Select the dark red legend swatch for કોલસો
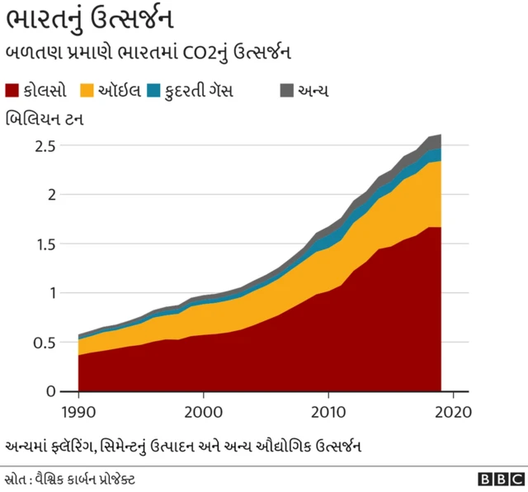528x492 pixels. [14, 90]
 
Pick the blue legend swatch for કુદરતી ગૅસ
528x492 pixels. [153, 90]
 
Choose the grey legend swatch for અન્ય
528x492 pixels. [285, 90]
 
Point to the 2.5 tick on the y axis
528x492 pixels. [46, 146]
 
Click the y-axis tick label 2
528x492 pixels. [52, 195]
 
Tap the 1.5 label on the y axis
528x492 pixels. [46, 244]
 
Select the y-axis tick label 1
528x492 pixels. [52, 293]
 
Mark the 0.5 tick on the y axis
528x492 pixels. [46, 343]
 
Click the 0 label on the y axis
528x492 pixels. [52, 391]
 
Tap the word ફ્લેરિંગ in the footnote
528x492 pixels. [75, 446]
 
